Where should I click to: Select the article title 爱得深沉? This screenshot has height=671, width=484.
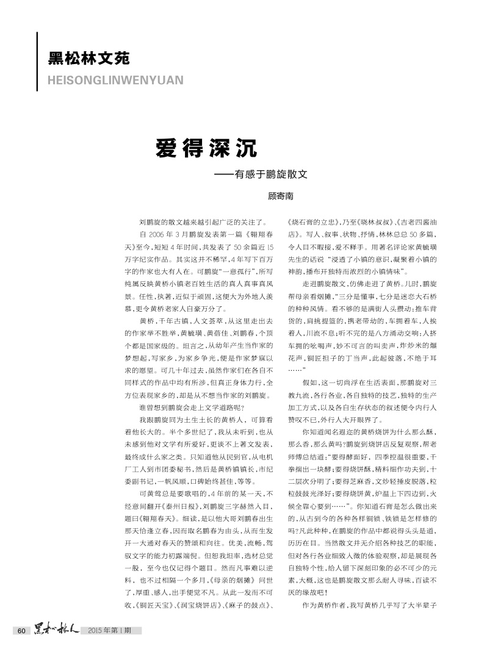click(x=206, y=147)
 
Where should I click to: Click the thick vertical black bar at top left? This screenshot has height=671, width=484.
click(x=38, y=62)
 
